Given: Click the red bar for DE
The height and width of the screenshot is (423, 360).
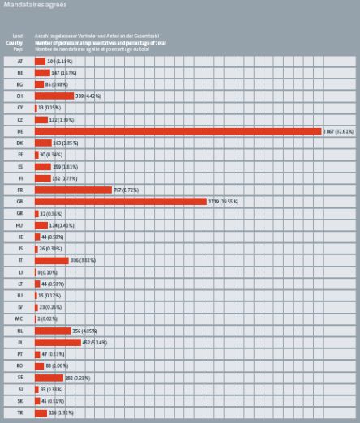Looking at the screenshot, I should tap(178, 130).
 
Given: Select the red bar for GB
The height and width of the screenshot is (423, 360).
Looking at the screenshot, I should tap(120, 201).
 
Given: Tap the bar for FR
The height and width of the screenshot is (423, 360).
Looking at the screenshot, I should tap(73, 190).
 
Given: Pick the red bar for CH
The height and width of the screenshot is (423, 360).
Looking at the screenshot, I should tap(54, 96).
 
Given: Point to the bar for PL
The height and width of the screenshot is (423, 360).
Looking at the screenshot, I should tap(58, 342).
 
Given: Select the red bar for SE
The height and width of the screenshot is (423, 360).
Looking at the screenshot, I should tap(49, 378).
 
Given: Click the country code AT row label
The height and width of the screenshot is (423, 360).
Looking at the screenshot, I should tap(19, 61).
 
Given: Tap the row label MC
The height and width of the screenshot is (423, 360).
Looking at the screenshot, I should tap(19, 319).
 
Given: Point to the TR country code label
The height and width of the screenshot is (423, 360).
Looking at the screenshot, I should tap(19, 412).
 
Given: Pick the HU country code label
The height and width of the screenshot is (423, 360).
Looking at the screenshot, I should tap(19, 224).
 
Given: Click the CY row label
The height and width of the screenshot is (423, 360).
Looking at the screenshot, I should tap(19, 107).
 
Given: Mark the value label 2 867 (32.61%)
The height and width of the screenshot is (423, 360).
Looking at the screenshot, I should tap(339, 130).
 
